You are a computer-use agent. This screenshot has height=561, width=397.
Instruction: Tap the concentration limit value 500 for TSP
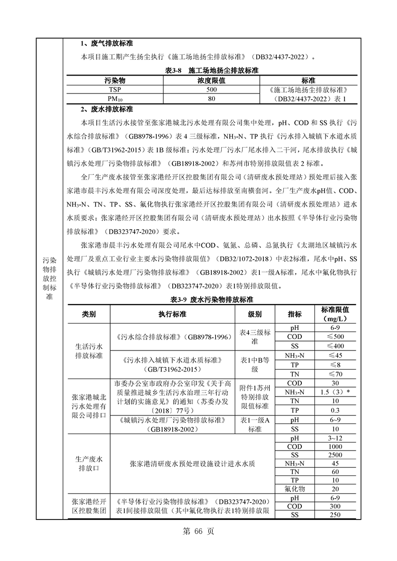[x=211, y=89]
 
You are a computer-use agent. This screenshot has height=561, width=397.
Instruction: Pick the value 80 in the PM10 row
[x=211, y=99]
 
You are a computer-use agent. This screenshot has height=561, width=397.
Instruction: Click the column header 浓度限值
[x=211, y=80]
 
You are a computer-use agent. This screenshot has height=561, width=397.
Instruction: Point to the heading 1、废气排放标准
[x=106, y=43]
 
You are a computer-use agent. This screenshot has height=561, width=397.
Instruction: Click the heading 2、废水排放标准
[x=106, y=109]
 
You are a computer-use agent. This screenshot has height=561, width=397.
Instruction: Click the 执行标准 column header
[x=172, y=314]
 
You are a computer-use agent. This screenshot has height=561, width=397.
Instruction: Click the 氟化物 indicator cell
[x=295, y=488]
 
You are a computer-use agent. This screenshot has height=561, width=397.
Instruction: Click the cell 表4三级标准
[x=255, y=336]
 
